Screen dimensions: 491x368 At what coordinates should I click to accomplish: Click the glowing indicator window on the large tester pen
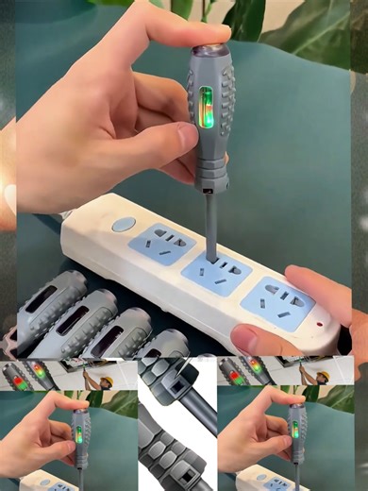[206, 107]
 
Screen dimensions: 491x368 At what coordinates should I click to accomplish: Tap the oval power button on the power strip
[124, 225]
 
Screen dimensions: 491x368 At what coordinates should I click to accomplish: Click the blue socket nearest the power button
[161, 244]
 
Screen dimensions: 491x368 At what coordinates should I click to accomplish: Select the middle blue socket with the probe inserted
[217, 272]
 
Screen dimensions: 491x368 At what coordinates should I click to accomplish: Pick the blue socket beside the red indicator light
[276, 301]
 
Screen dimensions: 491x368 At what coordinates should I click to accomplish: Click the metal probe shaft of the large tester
[210, 222]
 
